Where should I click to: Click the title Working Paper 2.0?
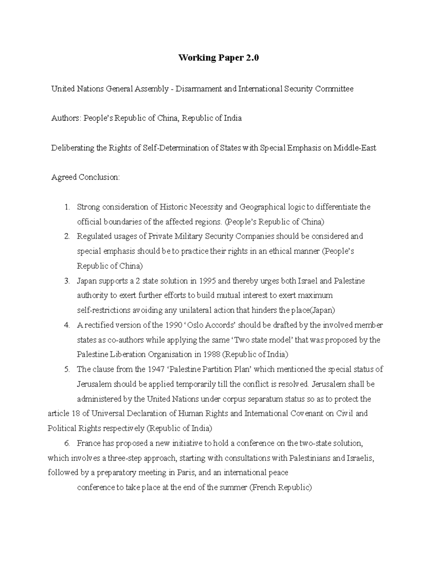[x=218, y=58]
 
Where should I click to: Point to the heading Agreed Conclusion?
[x=85, y=178]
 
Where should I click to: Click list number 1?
[x=67, y=207]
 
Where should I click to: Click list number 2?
[x=67, y=236]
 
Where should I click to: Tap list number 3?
[x=67, y=281]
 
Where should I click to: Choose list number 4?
[x=67, y=325]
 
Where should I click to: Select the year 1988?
[x=212, y=355]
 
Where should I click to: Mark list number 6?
[x=67, y=443]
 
